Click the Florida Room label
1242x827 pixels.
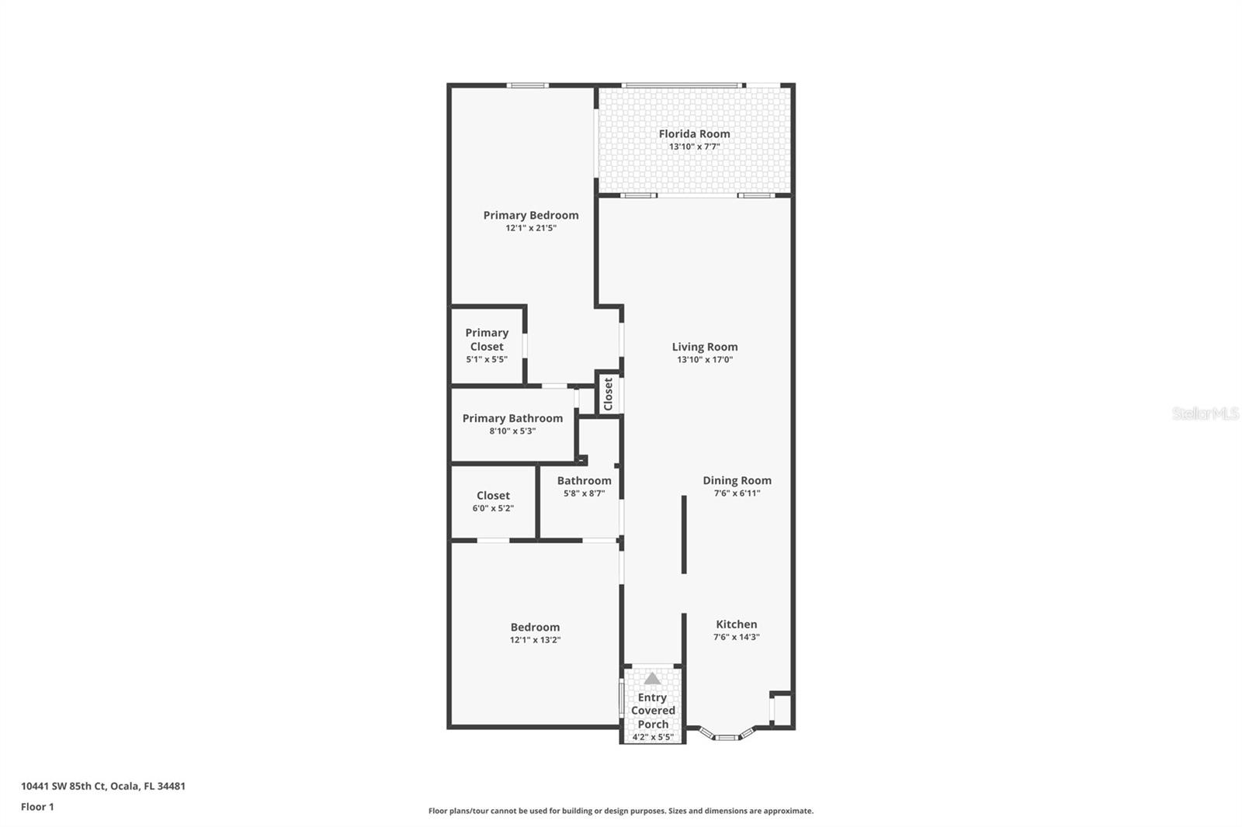pyautogui.click(x=694, y=133)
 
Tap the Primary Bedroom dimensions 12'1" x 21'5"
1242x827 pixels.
pyautogui.click(x=531, y=228)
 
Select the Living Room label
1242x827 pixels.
pyautogui.click(x=704, y=347)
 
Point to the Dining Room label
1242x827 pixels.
pyautogui.click(x=737, y=480)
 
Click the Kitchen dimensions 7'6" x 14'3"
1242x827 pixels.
pyautogui.click(x=736, y=637)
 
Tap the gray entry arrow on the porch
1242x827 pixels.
pyautogui.click(x=652, y=678)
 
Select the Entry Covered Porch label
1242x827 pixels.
pyautogui.click(x=653, y=711)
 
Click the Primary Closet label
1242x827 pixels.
pyautogui.click(x=487, y=340)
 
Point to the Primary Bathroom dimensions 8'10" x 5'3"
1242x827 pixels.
pyautogui.click(x=512, y=431)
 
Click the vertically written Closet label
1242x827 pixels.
pyautogui.click(x=609, y=394)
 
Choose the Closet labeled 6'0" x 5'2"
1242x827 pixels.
pyautogui.click(x=493, y=501)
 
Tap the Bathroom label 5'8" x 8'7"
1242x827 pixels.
pyautogui.click(x=584, y=486)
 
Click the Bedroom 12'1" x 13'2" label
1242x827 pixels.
pyautogui.click(x=535, y=633)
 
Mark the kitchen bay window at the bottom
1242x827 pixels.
pyautogui.click(x=727, y=736)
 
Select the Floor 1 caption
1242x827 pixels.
pyautogui.click(x=37, y=807)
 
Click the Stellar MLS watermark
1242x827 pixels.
pyautogui.click(x=1205, y=413)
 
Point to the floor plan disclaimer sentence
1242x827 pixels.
pyautogui.click(x=620, y=811)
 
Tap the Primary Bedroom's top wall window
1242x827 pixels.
pyautogui.click(x=527, y=85)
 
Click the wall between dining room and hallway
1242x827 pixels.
pyautogui.click(x=684, y=535)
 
